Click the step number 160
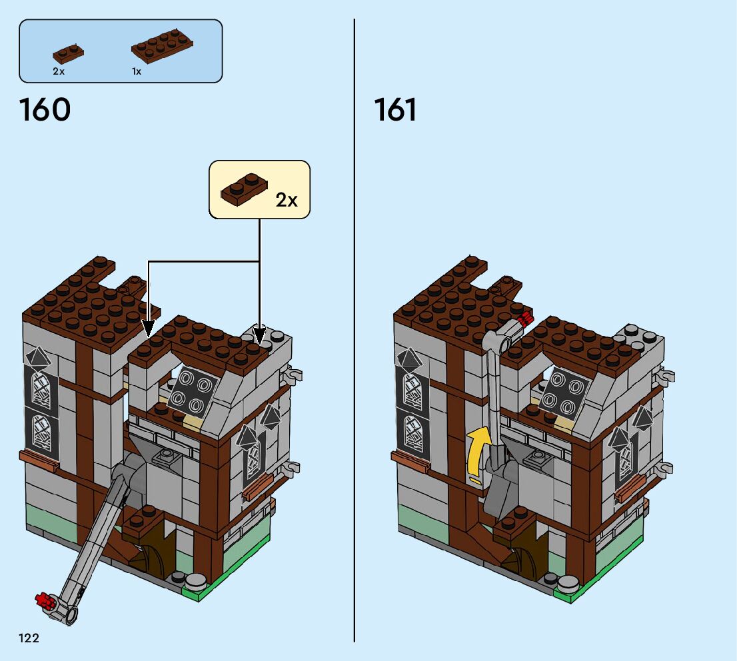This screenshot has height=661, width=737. pyautogui.click(x=45, y=110)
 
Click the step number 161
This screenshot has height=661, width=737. pyautogui.click(x=395, y=110)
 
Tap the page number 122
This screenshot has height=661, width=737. pyautogui.click(x=29, y=638)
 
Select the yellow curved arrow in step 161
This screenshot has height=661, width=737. pyautogui.click(x=477, y=454)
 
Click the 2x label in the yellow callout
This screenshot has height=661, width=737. pyautogui.click(x=287, y=200)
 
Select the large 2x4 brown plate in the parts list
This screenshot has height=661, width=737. pyautogui.click(x=163, y=47)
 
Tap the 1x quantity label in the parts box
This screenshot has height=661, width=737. pyautogui.click(x=137, y=71)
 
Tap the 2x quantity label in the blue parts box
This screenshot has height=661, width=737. pyautogui.click(x=59, y=71)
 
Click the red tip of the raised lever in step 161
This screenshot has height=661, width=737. pyautogui.click(x=524, y=319)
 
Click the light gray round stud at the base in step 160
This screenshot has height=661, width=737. pyautogui.click(x=195, y=581)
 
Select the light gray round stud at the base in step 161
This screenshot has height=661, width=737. pyautogui.click(x=567, y=583)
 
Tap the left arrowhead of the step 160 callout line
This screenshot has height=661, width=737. pyautogui.click(x=149, y=329)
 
